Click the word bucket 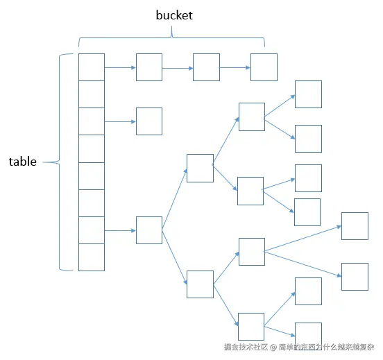click(x=174, y=15)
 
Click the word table click(x=23, y=162)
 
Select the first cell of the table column click(x=92, y=67)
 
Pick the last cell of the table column click(x=92, y=257)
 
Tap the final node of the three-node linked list click(x=264, y=67)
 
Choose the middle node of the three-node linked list click(x=206, y=67)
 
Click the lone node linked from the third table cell click(x=149, y=121)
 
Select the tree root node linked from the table click(x=149, y=230)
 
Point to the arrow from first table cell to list click(x=120, y=68)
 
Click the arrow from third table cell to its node click(x=120, y=121)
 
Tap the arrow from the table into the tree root click(x=120, y=230)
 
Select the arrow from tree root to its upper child click(x=174, y=199)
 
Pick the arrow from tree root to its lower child click(x=174, y=257)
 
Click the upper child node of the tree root click(x=200, y=168)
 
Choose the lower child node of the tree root click(x=200, y=284)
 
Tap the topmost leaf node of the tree click(x=308, y=94)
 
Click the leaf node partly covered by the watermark click(x=308, y=334)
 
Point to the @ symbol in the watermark click(x=273, y=347)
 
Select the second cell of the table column click(x=92, y=94)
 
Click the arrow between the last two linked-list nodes click(x=235, y=68)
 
